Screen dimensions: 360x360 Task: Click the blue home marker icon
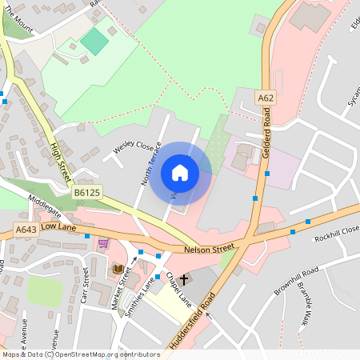[x=180, y=172]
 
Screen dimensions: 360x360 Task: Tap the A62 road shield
[x=266, y=98]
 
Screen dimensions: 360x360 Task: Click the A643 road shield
[x=25, y=230]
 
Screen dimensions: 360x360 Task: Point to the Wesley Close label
[x=133, y=147]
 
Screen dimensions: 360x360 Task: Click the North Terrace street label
[x=152, y=164]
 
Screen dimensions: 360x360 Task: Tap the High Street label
[x=61, y=161]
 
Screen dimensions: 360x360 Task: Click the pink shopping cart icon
[x=102, y=242]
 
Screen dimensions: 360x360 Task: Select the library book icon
[x=118, y=269]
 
